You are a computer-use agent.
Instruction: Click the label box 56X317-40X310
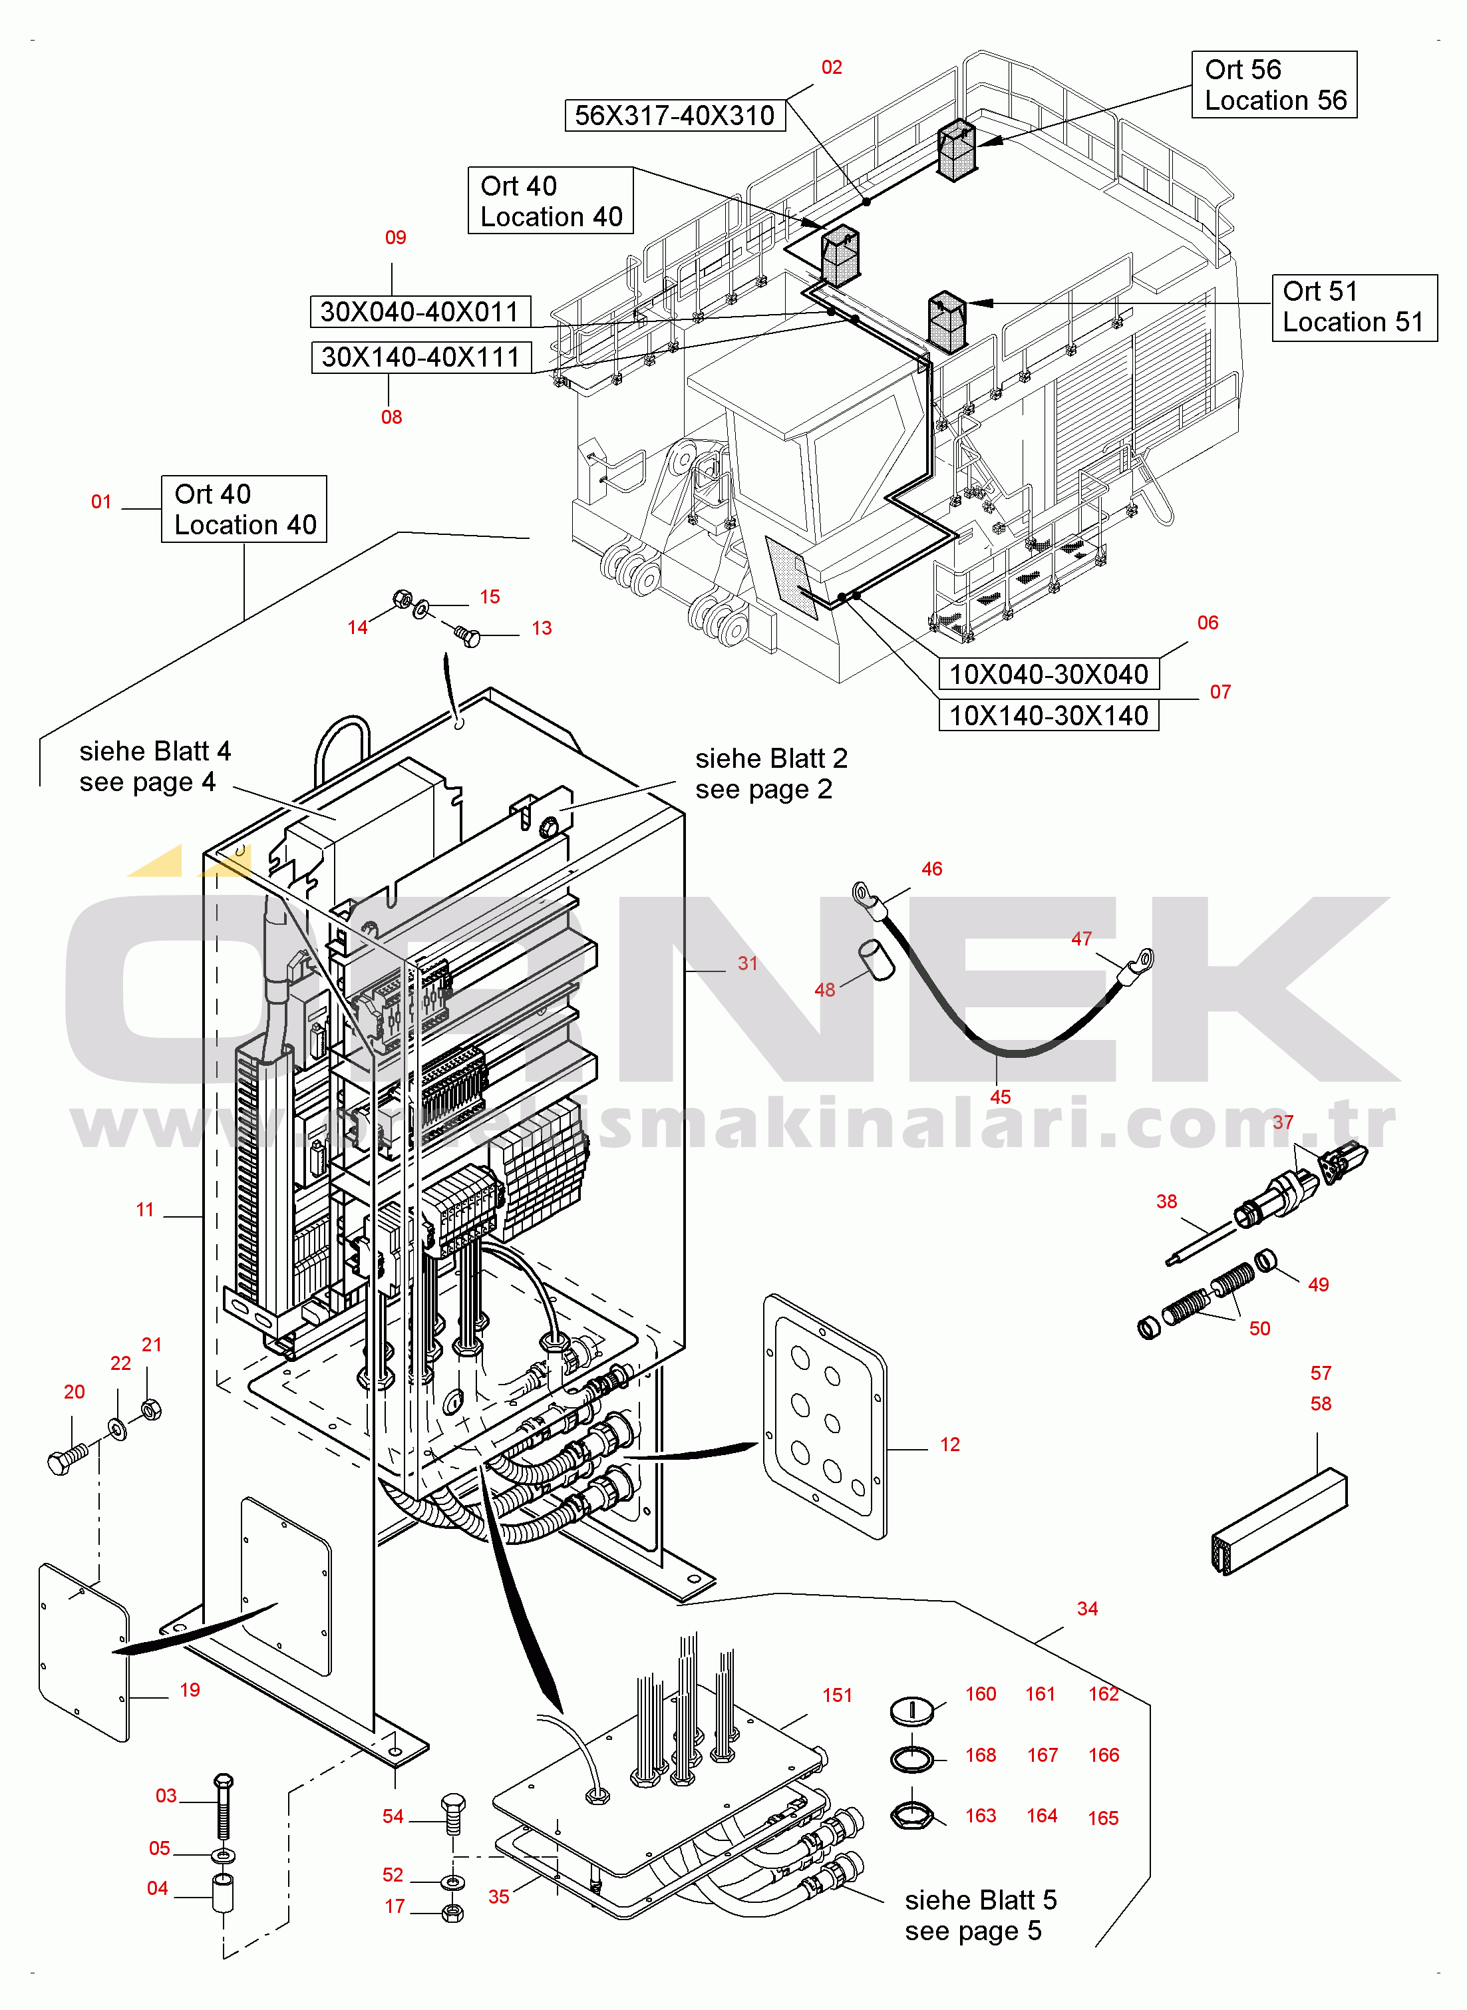[675, 115]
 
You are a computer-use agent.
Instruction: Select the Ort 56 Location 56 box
[1273, 84]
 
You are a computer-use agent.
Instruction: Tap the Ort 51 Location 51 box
[1353, 307]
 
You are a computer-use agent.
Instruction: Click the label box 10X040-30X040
[1048, 674]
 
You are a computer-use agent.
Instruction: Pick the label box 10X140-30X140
[1048, 715]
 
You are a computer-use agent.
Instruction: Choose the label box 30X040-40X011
[420, 311]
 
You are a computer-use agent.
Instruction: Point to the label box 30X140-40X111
[421, 357]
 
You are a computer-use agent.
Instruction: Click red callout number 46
[931, 869]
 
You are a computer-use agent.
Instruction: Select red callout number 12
[949, 1444]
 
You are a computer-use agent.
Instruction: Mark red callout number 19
[189, 1689]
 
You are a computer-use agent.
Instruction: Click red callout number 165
[1103, 1818]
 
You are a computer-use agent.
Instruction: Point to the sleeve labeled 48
[876, 961]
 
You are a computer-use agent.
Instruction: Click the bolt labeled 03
[223, 1806]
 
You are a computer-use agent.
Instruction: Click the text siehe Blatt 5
[981, 1900]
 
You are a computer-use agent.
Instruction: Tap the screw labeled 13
[467, 635]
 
